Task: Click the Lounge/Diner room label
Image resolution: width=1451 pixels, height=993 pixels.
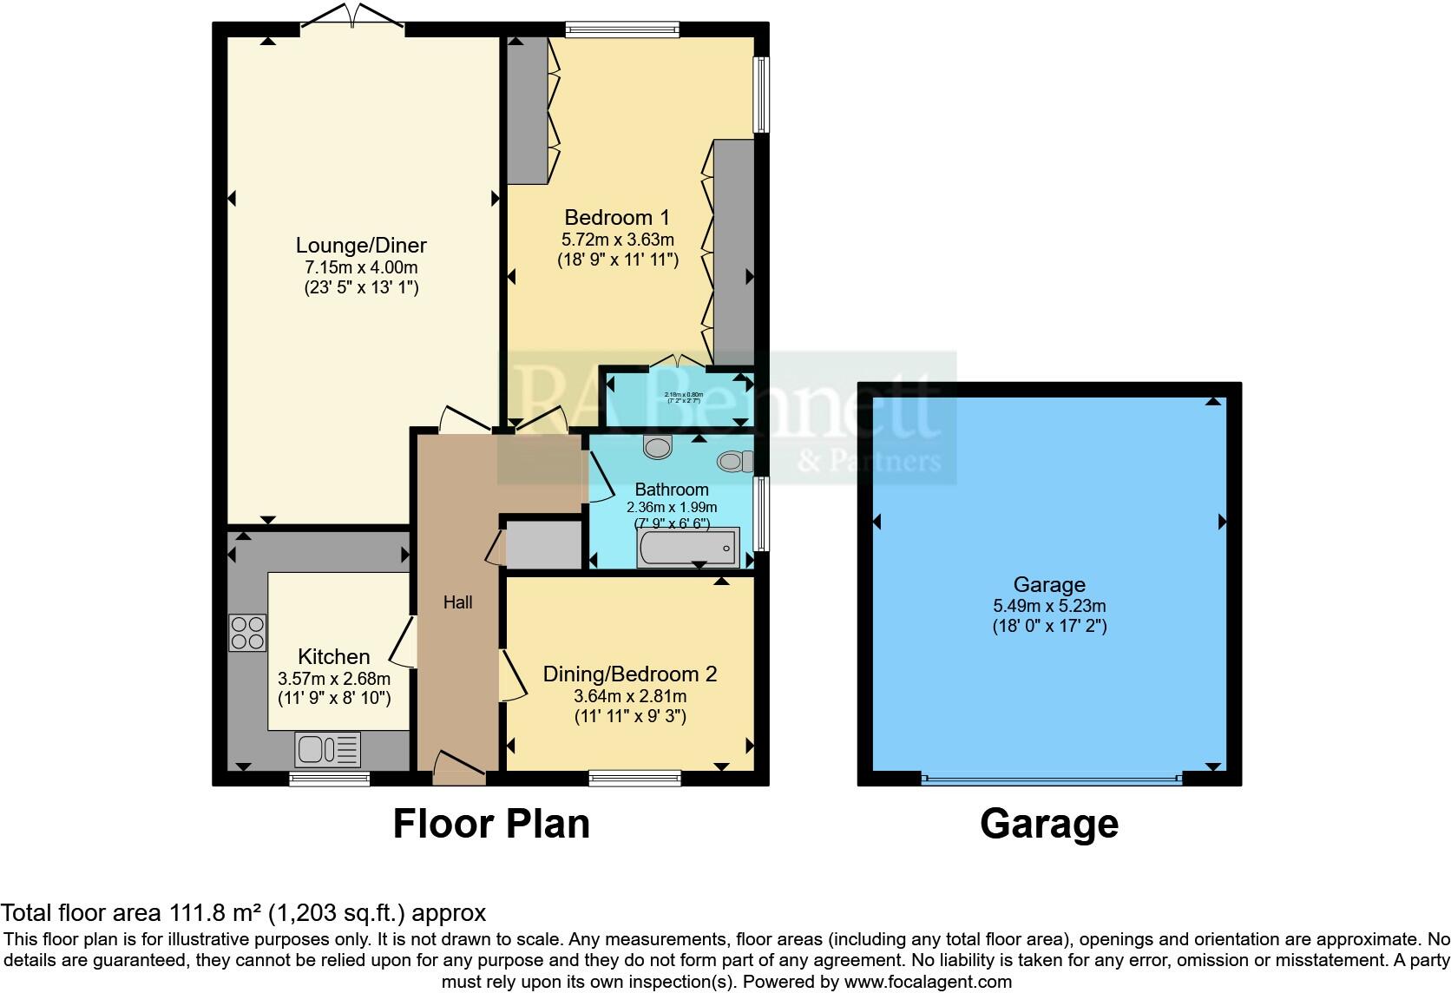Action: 361,246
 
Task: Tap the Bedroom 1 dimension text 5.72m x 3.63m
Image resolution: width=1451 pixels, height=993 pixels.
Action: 617,240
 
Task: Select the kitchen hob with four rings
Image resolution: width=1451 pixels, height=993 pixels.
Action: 247,633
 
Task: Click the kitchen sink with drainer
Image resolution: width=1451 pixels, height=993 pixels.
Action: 328,748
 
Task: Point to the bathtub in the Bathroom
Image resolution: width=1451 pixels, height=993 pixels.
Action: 688,549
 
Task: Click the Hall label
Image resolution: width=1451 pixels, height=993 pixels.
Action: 458,602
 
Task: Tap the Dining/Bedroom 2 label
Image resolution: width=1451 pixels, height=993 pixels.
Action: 630,674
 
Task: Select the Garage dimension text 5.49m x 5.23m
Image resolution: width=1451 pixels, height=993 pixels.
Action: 1049,607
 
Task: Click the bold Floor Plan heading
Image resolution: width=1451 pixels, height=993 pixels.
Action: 491,824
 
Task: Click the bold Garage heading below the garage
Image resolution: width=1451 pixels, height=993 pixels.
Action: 1048,824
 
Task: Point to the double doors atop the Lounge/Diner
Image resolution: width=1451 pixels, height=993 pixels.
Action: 353,20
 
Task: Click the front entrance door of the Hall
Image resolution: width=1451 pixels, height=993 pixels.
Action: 459,768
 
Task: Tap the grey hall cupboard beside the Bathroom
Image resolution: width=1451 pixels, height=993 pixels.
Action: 543,544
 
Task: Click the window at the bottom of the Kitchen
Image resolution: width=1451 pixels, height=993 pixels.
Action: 330,779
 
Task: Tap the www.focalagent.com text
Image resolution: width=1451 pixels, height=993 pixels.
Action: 928,982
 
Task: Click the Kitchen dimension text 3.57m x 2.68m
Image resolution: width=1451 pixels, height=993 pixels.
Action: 334,679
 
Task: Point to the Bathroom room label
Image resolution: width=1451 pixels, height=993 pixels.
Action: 672,490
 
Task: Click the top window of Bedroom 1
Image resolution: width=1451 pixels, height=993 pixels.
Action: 621,30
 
